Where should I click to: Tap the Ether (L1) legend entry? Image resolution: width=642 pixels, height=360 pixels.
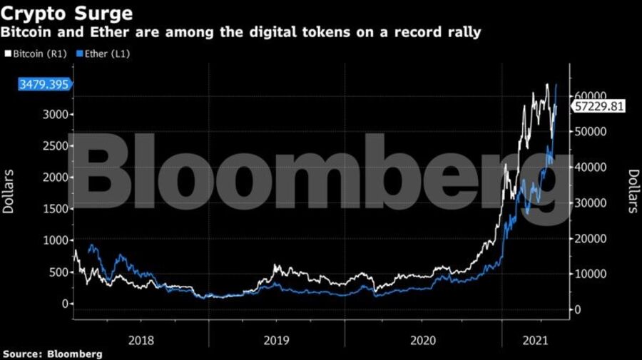[103, 53]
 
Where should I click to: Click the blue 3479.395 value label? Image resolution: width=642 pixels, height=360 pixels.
[44, 85]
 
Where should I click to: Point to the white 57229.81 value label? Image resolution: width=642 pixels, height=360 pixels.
[598, 106]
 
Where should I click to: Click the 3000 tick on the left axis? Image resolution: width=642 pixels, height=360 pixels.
[56, 115]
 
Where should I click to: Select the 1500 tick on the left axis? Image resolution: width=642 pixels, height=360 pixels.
[56, 209]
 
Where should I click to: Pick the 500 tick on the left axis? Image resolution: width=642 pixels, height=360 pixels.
[59, 272]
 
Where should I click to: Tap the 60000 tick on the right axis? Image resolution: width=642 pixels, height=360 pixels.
[591, 96]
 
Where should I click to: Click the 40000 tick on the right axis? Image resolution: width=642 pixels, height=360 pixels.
[591, 167]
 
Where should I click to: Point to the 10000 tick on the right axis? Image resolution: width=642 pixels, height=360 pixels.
[591, 274]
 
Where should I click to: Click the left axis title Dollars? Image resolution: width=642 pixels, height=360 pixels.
[9, 190]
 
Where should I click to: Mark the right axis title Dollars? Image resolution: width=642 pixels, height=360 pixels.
[633, 190]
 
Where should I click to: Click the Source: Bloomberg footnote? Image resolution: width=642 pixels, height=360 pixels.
[52, 353]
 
